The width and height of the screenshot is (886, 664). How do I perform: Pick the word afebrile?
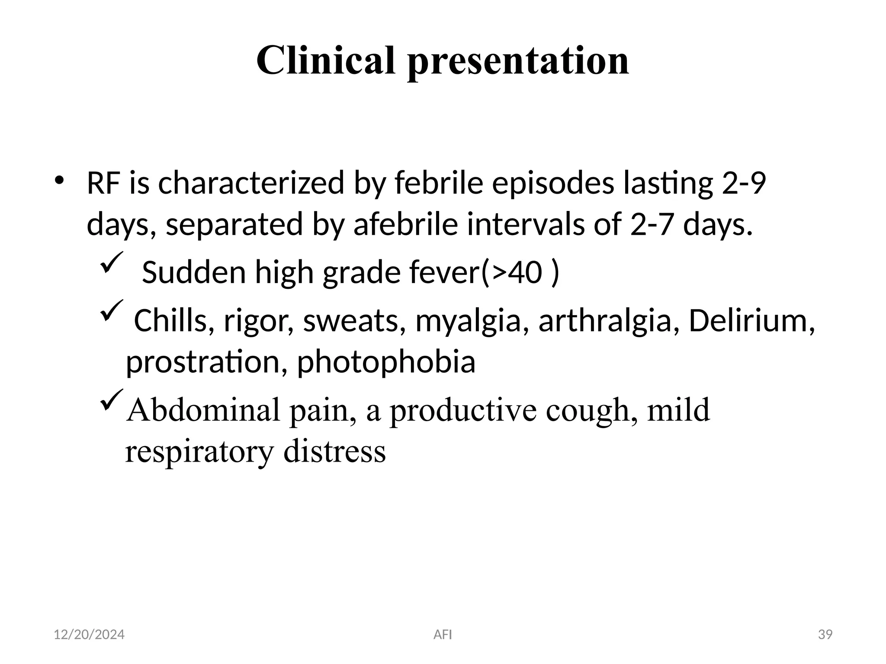pyautogui.click(x=405, y=225)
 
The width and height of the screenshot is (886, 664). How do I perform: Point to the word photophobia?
pyautogui.click(x=386, y=362)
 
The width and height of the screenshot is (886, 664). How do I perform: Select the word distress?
pyautogui.click(x=334, y=451)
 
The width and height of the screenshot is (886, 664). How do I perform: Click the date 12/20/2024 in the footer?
pyautogui.click(x=89, y=635)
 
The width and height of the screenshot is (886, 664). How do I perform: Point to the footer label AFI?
pyautogui.click(x=443, y=635)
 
